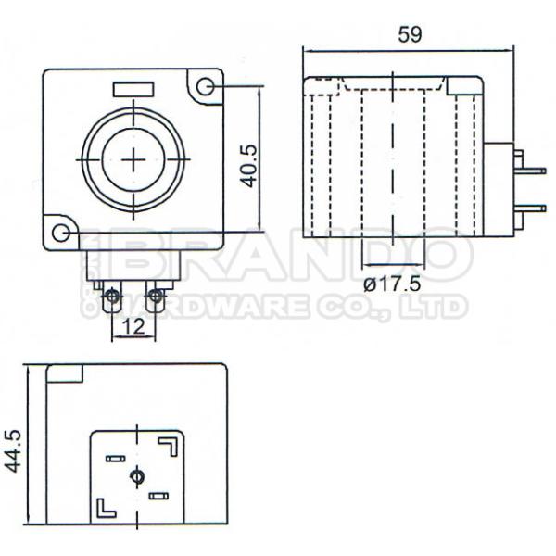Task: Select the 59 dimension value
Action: [409, 34]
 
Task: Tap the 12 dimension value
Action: [133, 326]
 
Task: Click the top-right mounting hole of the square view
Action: [205, 87]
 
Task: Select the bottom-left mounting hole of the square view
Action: [61, 232]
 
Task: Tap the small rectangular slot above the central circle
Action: [133, 90]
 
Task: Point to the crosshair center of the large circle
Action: [133, 159]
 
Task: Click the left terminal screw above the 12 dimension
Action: [112, 297]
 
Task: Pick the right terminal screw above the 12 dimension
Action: [156, 297]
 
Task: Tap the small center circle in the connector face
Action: [137, 475]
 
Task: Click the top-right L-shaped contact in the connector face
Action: [170, 446]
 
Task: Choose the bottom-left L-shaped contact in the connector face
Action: [104, 507]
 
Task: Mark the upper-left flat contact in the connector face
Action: [115, 459]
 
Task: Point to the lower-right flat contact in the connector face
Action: [158, 498]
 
